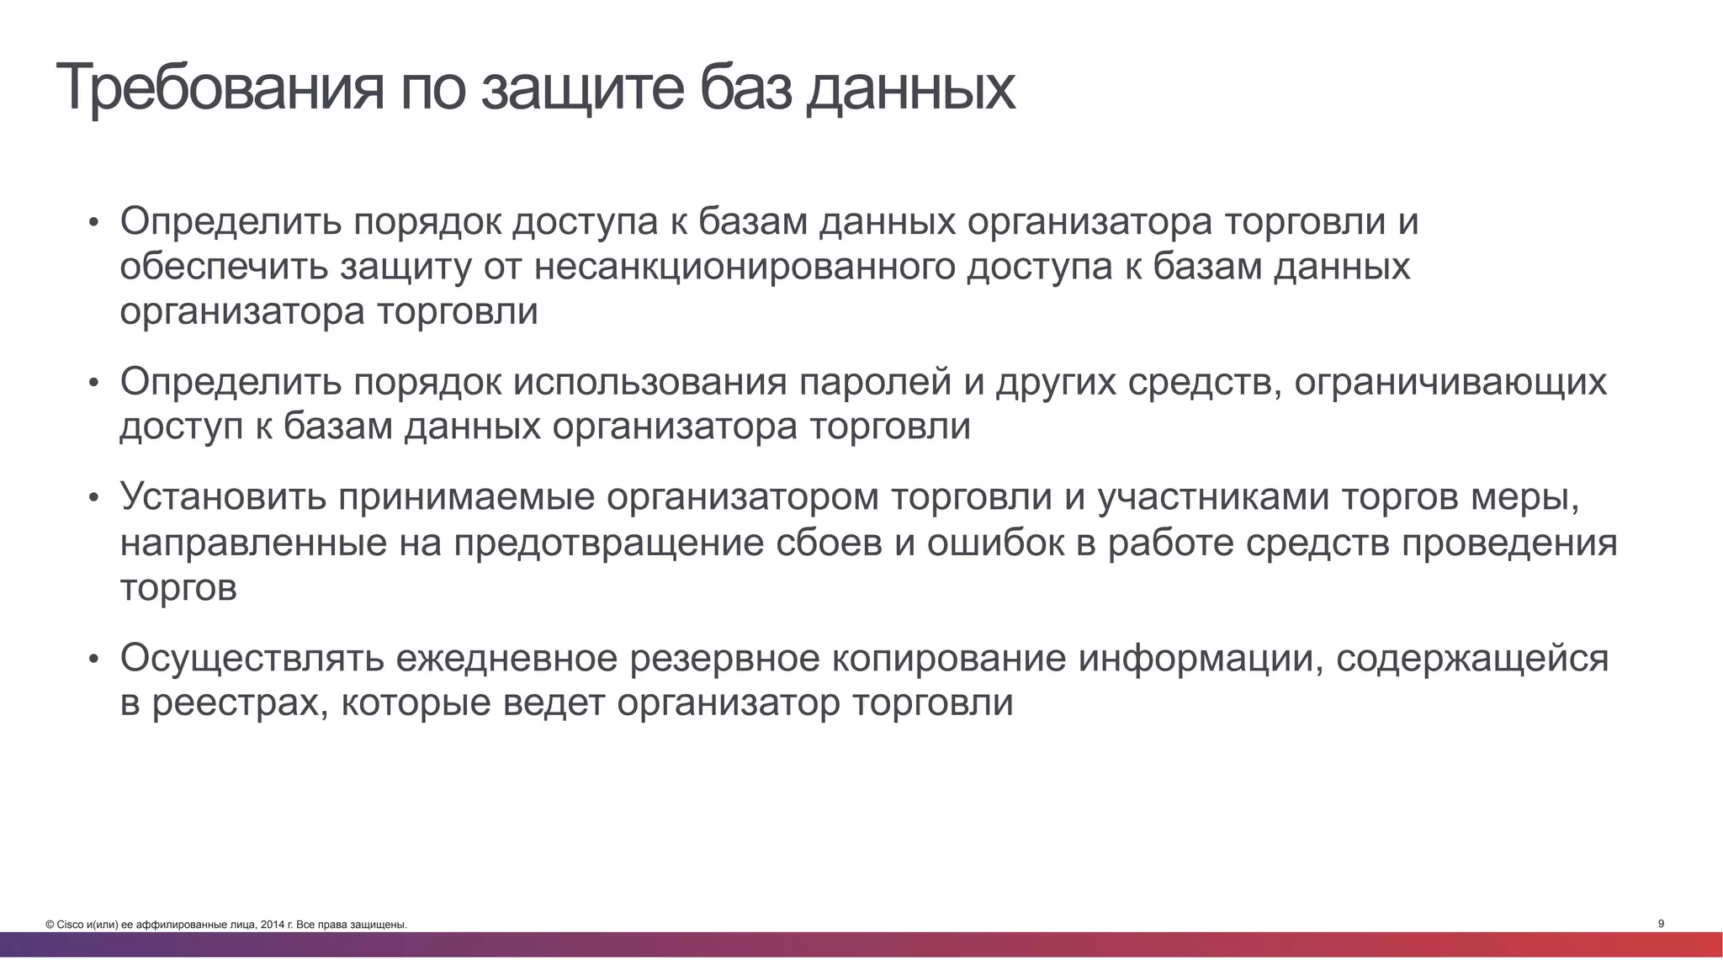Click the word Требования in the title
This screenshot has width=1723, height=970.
pyautogui.click(x=220, y=87)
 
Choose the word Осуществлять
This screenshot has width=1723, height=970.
pyautogui.click(x=252, y=658)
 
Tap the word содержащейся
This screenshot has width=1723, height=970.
pyautogui.click(x=1472, y=658)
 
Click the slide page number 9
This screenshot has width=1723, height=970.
pyautogui.click(x=1661, y=924)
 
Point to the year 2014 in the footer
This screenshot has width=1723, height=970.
pyautogui.click(x=272, y=925)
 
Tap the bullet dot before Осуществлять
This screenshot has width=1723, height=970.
pyautogui.click(x=94, y=659)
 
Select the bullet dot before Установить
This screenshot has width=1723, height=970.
pyautogui.click(x=94, y=497)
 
